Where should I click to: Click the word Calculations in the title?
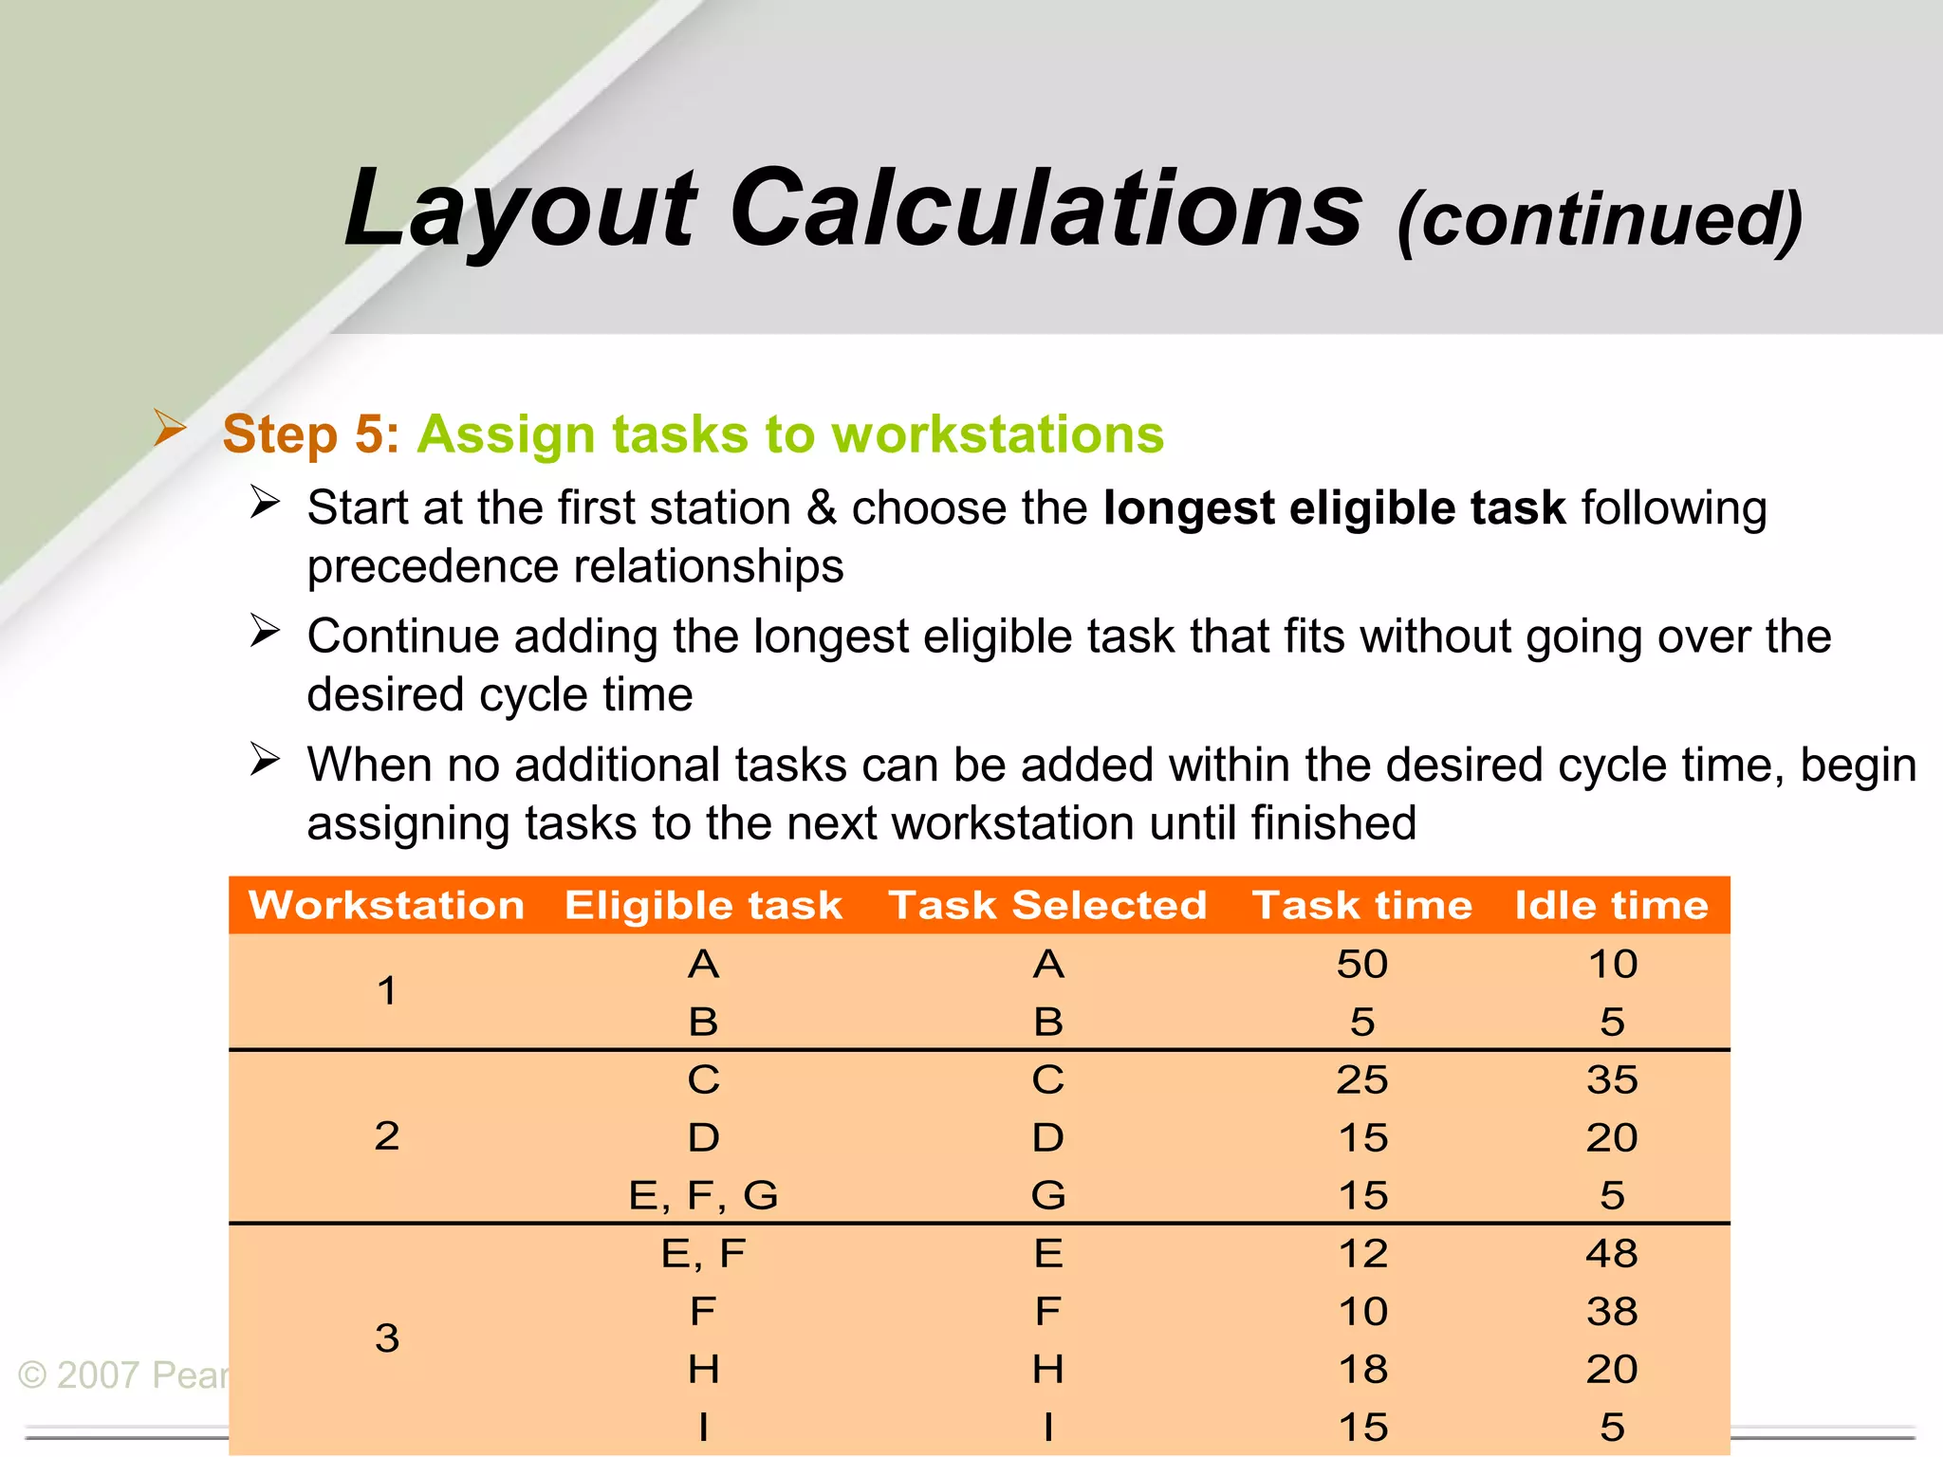tap(1046, 209)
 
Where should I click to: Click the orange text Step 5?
tap(311, 434)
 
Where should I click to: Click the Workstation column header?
tap(386, 905)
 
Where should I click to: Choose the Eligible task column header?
tap(703, 905)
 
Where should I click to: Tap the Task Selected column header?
tap(1047, 905)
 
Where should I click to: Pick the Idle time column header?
tap(1611, 905)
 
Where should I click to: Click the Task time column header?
tap(1362, 905)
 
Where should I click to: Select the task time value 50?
tap(1362, 965)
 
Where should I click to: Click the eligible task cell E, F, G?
tap(703, 1195)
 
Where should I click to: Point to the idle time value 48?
tap(1612, 1254)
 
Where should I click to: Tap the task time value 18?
tap(1363, 1370)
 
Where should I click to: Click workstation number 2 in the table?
tap(387, 1136)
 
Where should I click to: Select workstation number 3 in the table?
tap(387, 1338)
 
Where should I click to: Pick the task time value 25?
tap(1362, 1080)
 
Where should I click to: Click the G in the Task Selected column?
tap(1048, 1195)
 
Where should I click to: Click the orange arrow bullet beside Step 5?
tap(171, 428)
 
